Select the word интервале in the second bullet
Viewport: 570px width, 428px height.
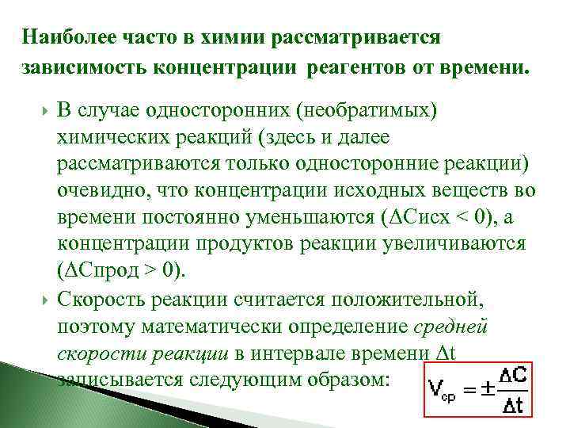[346, 354]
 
